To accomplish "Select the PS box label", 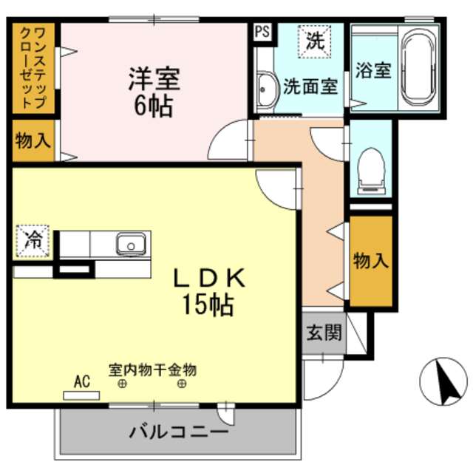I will tap(262, 31).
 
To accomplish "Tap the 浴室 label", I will tap(373, 72).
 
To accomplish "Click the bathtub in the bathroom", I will tap(420, 69).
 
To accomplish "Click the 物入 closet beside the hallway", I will tap(370, 260).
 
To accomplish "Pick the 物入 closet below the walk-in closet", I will tap(33, 141).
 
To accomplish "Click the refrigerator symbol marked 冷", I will tap(33, 239).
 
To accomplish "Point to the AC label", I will tap(82, 382).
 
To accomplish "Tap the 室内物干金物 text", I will tap(152, 369).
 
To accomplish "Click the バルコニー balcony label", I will tap(178, 431).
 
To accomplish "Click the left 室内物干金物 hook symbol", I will tap(123, 384).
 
